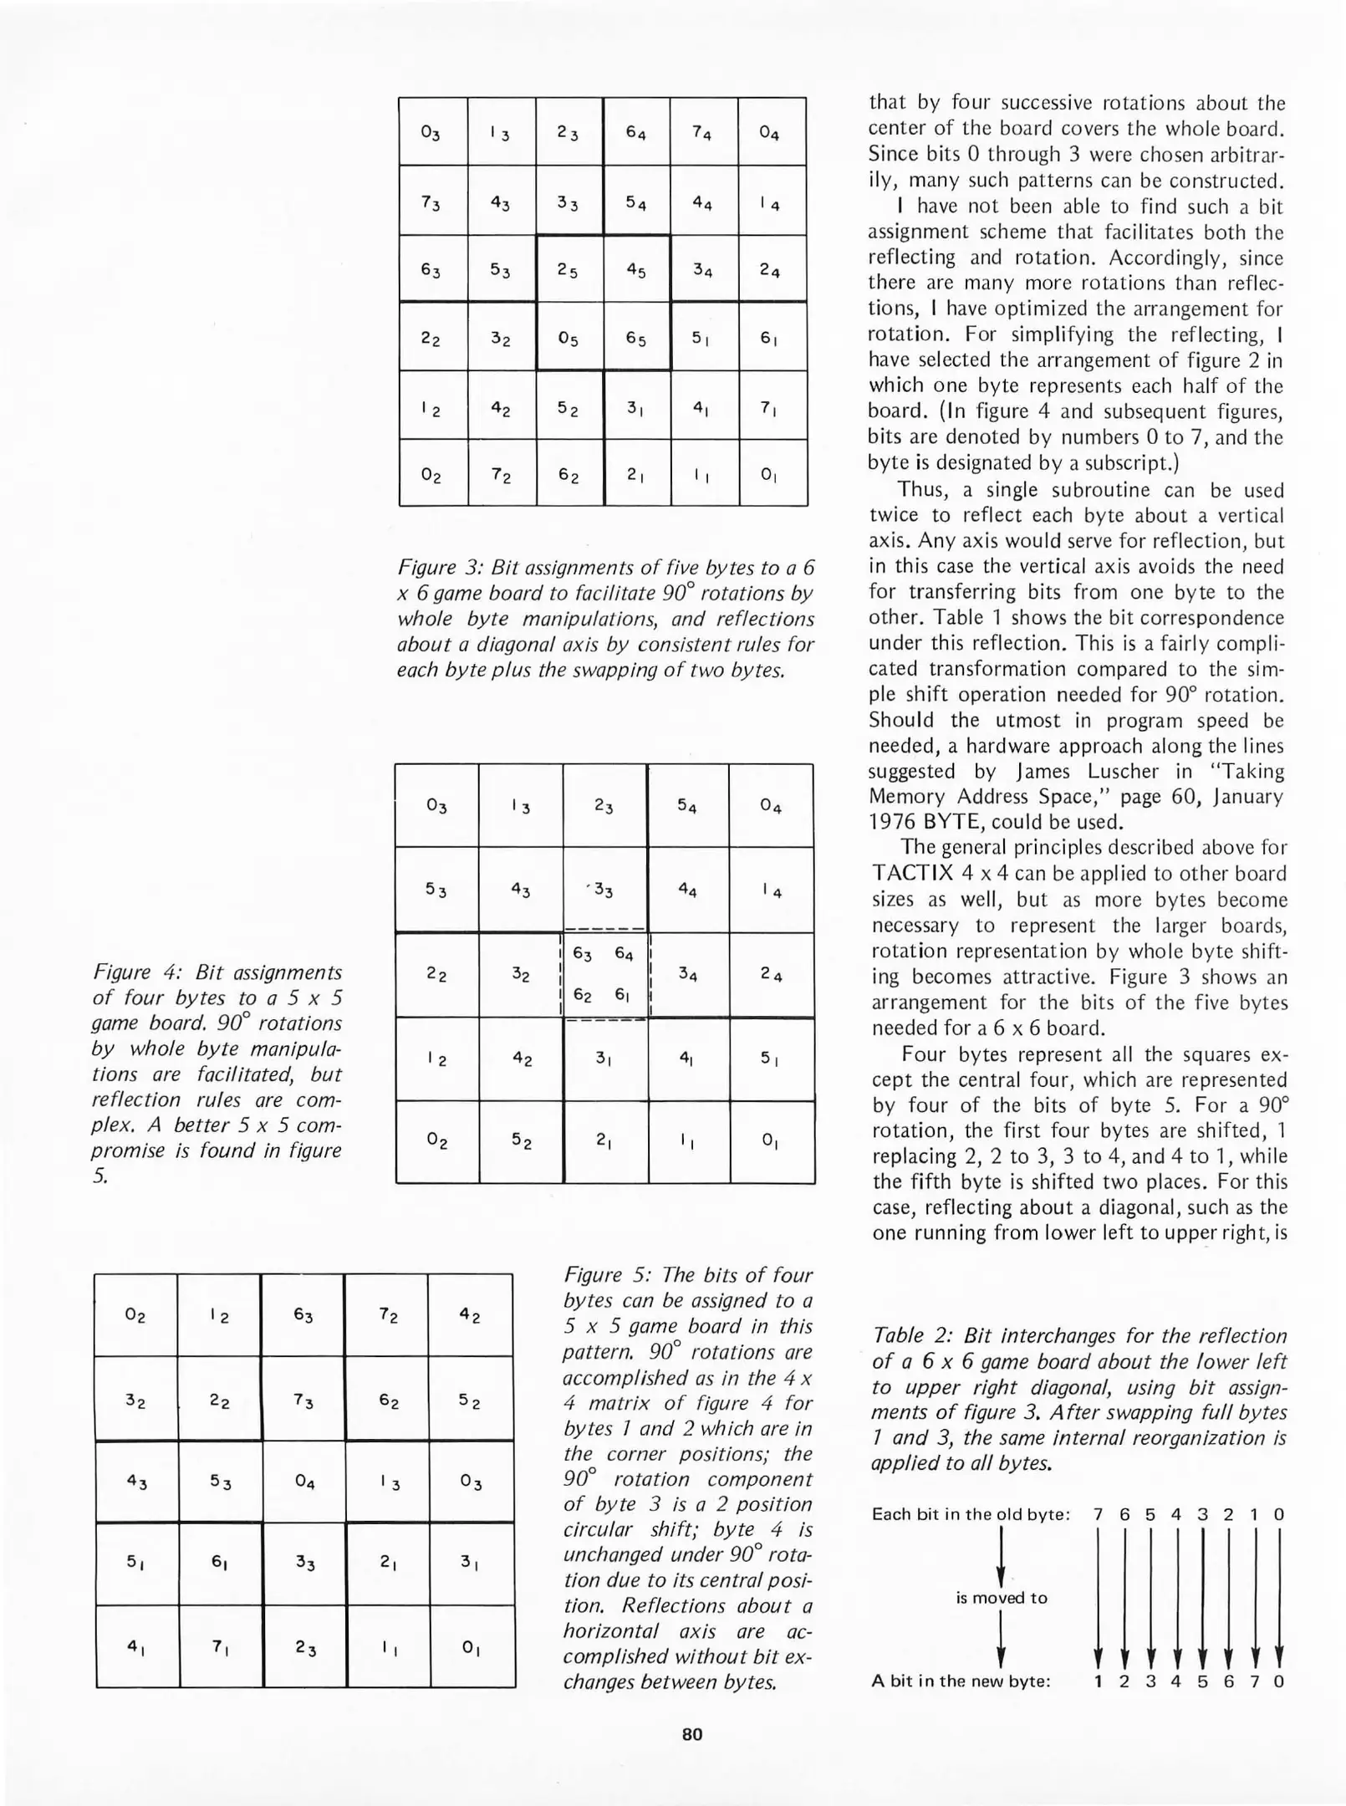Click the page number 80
692,1733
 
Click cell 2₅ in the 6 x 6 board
568,270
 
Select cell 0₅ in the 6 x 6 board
568,338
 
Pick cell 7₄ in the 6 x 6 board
703,133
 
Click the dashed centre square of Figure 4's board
604,975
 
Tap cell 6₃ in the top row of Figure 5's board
303,1315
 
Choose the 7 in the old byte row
1099,1514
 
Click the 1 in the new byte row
1099,1681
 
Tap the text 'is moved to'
1002,1598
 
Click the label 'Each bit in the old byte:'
971,1514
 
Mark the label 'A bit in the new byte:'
961,1681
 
